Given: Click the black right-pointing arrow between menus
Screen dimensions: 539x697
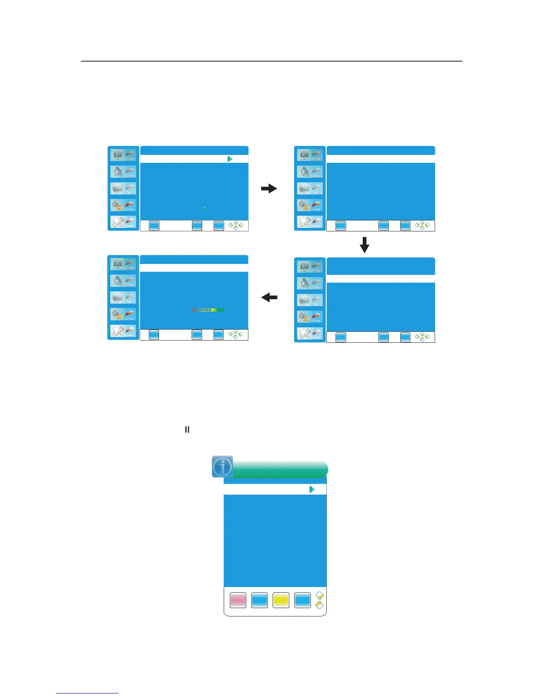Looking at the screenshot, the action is coord(269,189).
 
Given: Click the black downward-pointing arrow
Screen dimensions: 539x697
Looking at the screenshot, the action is coord(365,245).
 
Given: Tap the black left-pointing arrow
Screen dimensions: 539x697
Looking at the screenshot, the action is coord(269,298).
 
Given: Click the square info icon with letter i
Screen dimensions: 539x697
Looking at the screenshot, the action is coord(222,467).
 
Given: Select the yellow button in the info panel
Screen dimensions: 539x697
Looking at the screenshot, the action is coord(281,600).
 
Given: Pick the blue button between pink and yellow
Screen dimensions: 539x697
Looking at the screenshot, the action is coord(259,600).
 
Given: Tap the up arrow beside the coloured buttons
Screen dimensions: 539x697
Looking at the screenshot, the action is coord(320,596).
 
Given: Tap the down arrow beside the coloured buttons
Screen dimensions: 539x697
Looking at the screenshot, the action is coord(320,605).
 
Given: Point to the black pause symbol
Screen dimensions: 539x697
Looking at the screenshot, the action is coord(187,429).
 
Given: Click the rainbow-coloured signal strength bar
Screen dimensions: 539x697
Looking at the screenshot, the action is coord(208,310).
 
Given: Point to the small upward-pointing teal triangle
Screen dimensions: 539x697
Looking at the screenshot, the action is coord(205,208).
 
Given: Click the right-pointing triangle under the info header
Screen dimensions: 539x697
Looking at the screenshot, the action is coord(312,489).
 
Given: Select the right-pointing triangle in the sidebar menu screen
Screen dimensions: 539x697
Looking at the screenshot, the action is coord(229,159).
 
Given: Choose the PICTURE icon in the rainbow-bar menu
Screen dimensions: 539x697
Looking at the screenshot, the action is coord(123,264).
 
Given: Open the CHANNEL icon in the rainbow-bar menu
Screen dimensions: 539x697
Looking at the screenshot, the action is coord(123,332).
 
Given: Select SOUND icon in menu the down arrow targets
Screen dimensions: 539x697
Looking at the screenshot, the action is coord(310,283).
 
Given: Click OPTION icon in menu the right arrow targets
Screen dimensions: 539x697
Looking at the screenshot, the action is coord(310,205).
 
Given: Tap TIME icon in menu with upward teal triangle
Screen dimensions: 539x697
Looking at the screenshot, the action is coord(123,188).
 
